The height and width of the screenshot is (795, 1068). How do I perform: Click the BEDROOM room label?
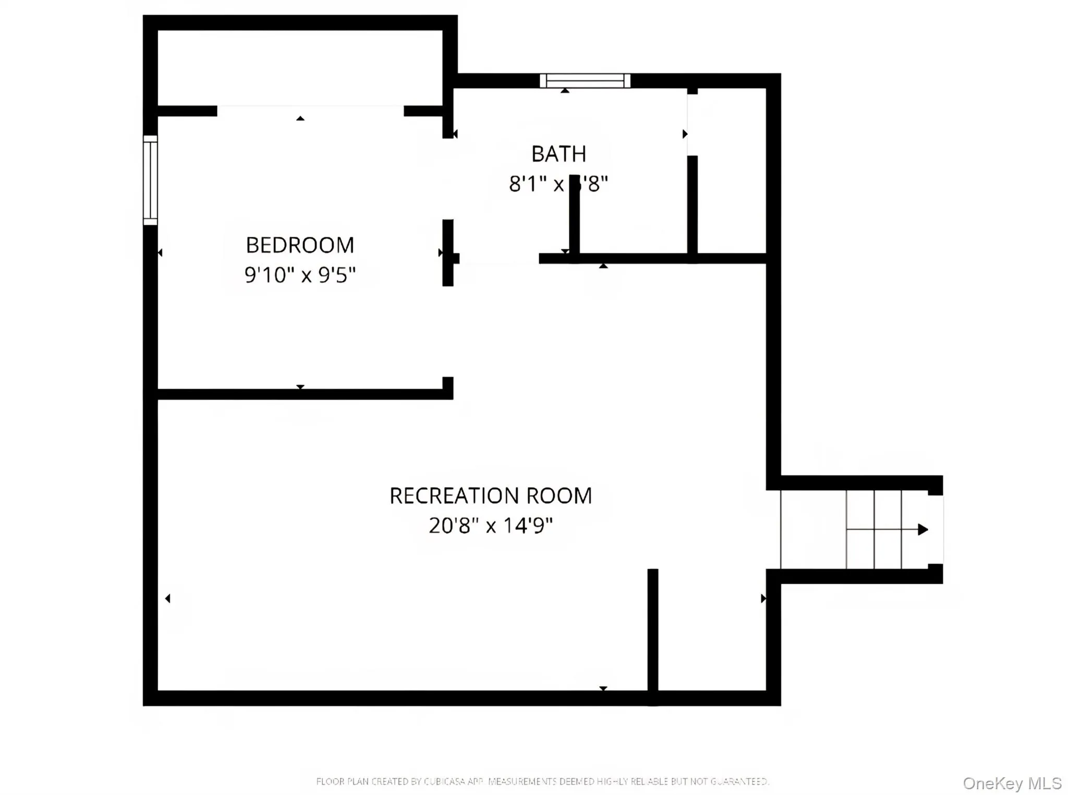(x=300, y=245)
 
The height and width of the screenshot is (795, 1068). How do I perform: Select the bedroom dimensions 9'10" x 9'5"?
(x=300, y=275)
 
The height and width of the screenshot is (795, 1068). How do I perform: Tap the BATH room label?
(x=559, y=154)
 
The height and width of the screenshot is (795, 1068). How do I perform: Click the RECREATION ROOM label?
(x=491, y=496)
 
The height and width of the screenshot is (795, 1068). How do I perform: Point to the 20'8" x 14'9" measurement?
(x=491, y=525)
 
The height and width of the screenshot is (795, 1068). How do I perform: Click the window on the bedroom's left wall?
(x=150, y=180)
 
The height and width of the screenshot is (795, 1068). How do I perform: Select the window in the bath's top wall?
(x=585, y=81)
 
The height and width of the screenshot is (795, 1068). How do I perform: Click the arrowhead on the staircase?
(x=923, y=529)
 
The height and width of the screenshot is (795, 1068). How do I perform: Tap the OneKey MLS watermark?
(x=1012, y=783)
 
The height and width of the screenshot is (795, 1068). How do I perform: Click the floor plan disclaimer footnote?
(x=542, y=781)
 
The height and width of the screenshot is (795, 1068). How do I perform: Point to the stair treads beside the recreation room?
(x=873, y=529)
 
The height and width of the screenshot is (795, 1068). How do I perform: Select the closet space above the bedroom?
(x=300, y=68)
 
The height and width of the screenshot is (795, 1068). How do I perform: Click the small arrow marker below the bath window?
(x=565, y=91)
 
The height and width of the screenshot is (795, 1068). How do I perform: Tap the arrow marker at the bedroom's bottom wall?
(x=300, y=387)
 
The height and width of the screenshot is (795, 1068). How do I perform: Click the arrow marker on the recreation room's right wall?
(x=763, y=598)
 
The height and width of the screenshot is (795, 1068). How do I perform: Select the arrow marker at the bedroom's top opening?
(x=300, y=118)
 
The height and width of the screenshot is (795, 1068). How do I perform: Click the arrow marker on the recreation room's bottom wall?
(x=603, y=689)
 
